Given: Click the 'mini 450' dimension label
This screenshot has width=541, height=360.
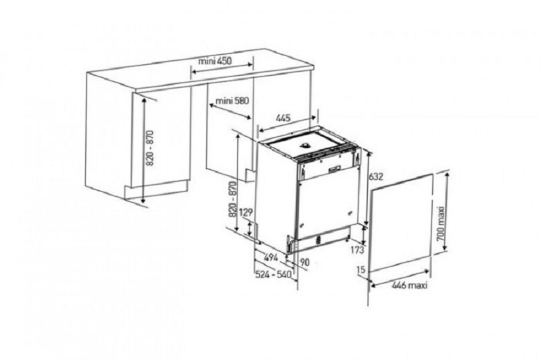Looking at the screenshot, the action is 215,61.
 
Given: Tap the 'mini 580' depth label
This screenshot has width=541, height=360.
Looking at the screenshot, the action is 231,100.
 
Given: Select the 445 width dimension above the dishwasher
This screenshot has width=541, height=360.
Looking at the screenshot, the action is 283,118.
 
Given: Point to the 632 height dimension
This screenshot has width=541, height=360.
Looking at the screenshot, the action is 376,177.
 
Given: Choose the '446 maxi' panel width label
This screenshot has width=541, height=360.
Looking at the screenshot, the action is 410,286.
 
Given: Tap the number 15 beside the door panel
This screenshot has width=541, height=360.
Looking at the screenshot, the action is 361,269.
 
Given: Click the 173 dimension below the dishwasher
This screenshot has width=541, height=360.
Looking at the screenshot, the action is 358,250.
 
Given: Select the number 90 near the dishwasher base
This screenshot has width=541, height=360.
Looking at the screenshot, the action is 304,263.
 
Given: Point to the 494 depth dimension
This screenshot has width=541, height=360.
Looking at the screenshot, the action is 271,258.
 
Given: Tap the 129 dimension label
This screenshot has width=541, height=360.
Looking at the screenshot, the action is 246,212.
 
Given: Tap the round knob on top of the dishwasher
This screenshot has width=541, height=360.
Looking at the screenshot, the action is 306,145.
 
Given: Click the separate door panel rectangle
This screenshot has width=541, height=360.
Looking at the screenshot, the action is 400,224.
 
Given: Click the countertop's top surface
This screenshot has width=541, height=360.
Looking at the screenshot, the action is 200,70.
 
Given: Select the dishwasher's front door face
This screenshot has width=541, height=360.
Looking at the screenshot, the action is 326,207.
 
